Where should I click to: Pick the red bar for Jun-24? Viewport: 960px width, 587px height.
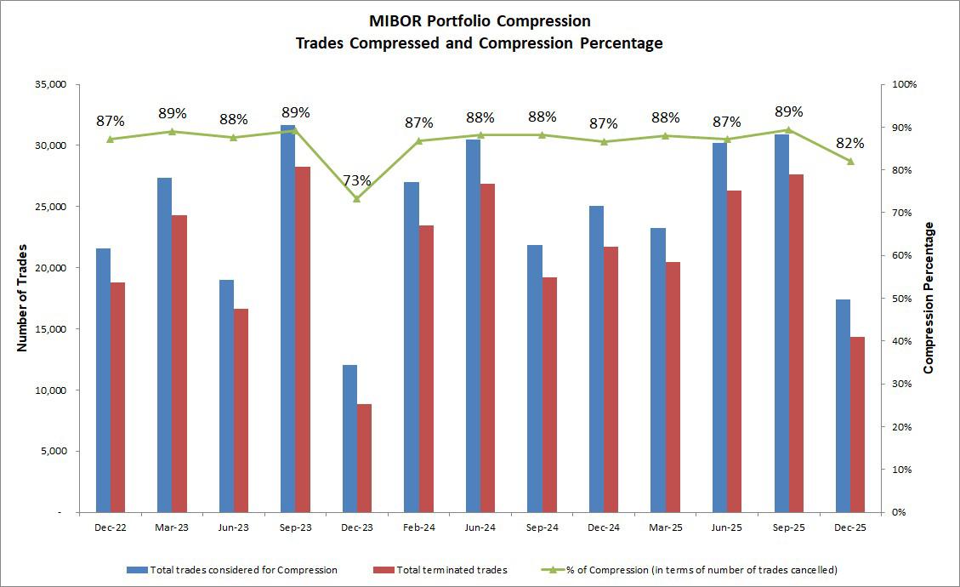[x=487, y=348]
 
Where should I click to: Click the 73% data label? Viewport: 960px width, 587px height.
[x=357, y=180]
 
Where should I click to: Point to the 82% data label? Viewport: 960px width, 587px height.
[x=850, y=143]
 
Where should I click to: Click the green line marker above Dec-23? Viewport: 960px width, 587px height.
[x=357, y=199]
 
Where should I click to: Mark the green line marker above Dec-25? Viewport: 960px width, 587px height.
[x=850, y=162]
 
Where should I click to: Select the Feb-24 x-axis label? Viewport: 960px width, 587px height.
[x=418, y=528]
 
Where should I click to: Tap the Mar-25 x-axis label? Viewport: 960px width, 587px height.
[x=665, y=528]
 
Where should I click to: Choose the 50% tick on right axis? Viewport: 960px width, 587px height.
[x=901, y=299]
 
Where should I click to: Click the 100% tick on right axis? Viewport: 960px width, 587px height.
[x=904, y=85]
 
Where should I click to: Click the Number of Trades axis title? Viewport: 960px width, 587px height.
[x=23, y=298]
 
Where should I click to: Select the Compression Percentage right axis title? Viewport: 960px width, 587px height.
[x=929, y=298]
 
